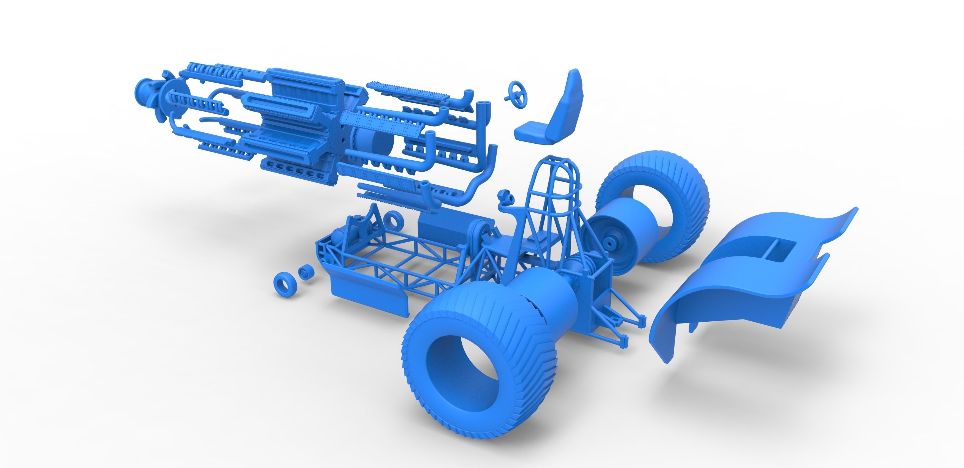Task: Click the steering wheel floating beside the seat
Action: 518,95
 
